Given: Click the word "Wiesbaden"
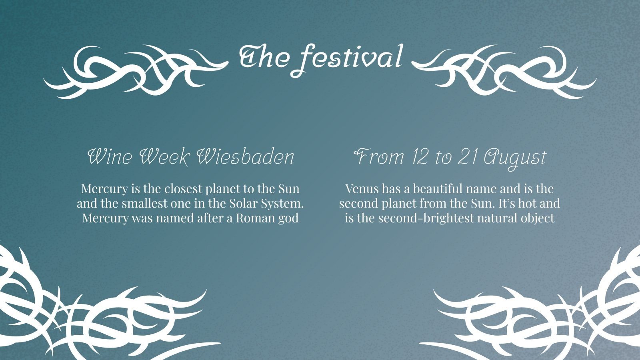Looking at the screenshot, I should click(246, 156).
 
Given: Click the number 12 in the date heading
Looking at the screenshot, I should click(419, 157).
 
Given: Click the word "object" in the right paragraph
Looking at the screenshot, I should click(537, 218).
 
